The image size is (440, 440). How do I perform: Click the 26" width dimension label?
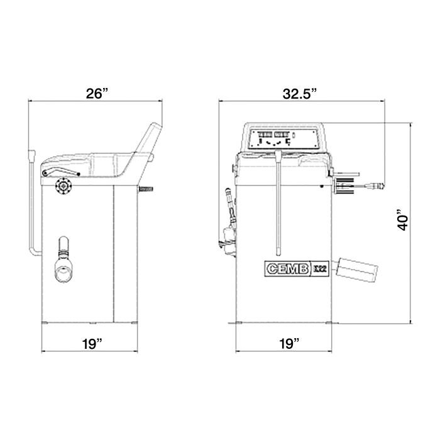[x=98, y=94]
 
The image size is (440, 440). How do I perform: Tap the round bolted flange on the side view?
[x=64, y=186]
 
